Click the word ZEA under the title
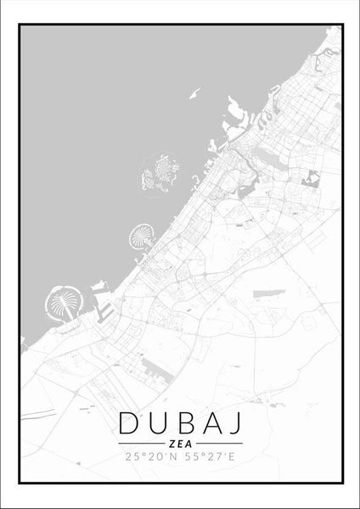180,444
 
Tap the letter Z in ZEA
172,444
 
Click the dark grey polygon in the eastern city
312,179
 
